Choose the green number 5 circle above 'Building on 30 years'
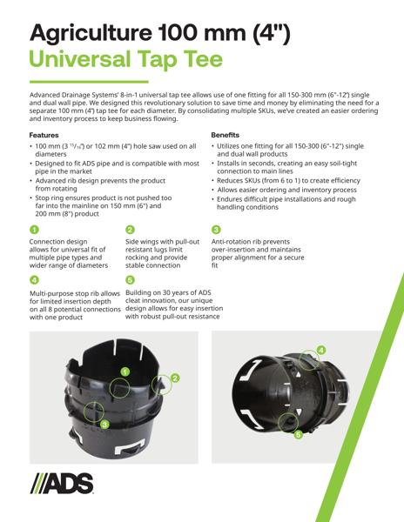[130, 279]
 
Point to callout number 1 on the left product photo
[125, 371]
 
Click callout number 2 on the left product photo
[174, 378]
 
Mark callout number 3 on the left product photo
[104, 424]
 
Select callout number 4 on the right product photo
[321, 350]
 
